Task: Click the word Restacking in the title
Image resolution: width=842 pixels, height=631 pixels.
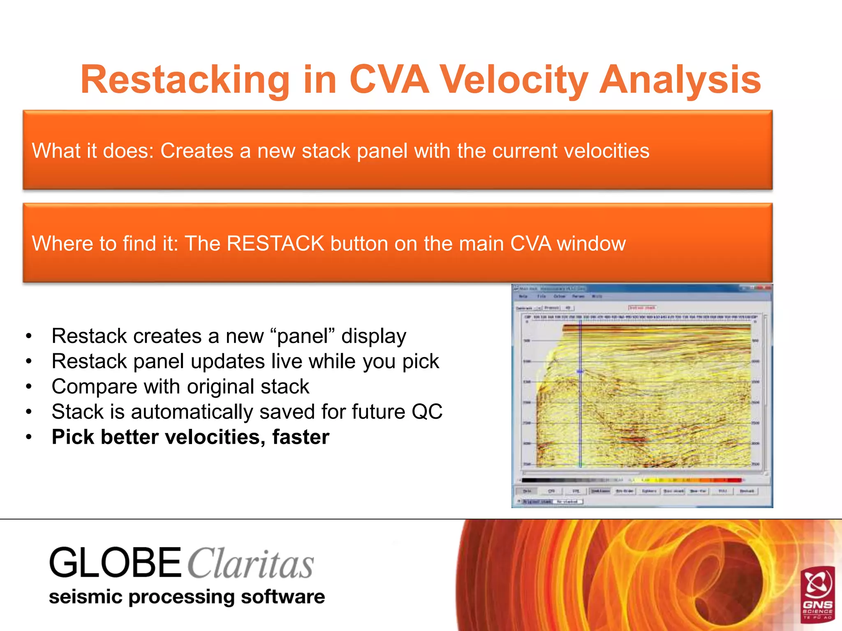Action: pyautogui.click(x=185, y=80)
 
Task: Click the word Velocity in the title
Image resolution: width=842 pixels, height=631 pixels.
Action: pyautogui.click(x=514, y=80)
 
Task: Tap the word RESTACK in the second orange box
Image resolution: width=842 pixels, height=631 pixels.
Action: pyautogui.click(x=275, y=243)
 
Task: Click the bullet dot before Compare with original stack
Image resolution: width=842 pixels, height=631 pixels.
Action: pyautogui.click(x=28, y=387)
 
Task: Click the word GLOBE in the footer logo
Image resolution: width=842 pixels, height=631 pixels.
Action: pyautogui.click(x=115, y=563)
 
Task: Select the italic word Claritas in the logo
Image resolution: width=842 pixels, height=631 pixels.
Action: pyautogui.click(x=251, y=564)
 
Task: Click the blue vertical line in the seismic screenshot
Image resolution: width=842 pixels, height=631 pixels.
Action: pyautogui.click(x=580, y=411)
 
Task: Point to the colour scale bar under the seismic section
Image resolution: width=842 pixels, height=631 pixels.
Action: pyautogui.click(x=632, y=480)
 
